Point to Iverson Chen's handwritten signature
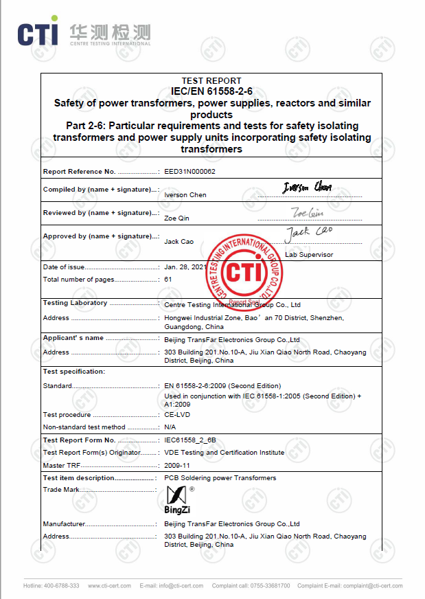click(x=307, y=187)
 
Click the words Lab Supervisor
click(x=308, y=255)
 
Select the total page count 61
click(x=168, y=280)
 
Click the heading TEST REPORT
click(x=211, y=81)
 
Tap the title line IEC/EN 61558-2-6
click(x=211, y=91)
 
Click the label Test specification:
click(x=74, y=372)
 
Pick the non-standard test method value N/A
click(x=170, y=427)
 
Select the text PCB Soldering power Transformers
click(x=220, y=478)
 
